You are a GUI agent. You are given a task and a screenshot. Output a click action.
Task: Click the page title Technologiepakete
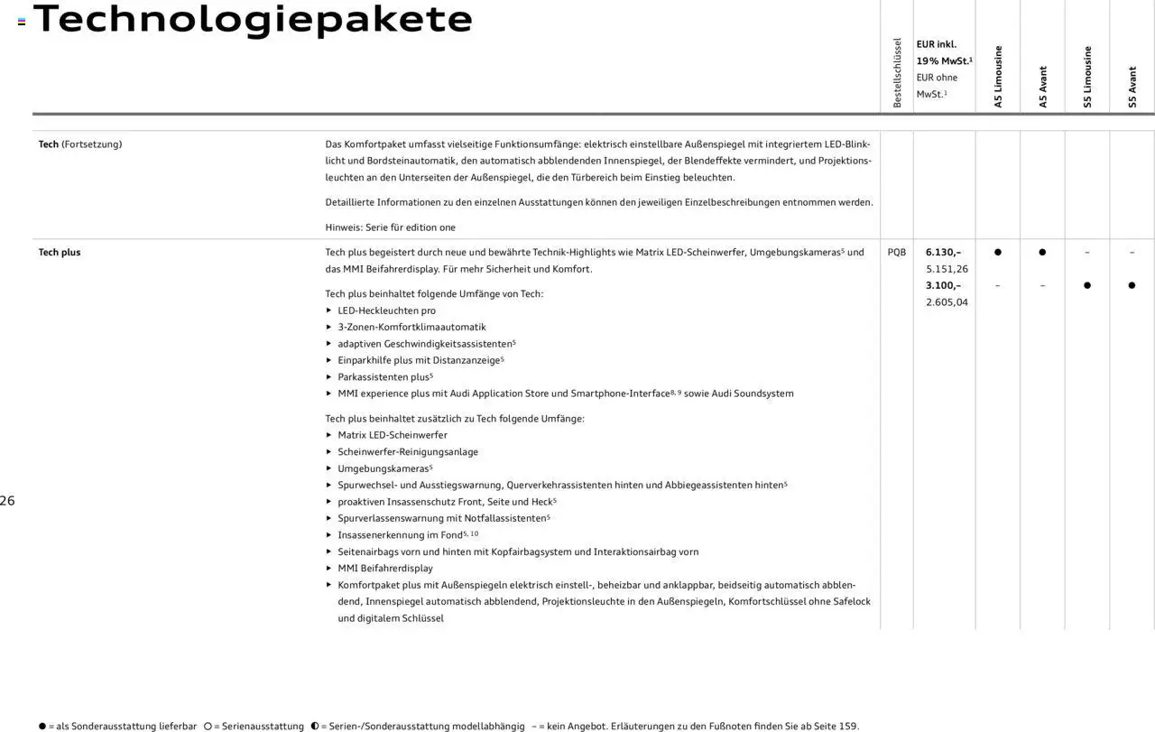[253, 19]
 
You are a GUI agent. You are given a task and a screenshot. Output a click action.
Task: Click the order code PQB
[896, 253]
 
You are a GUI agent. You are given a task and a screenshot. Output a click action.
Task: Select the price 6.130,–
[943, 253]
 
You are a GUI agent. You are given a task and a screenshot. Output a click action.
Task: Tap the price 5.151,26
[947, 269]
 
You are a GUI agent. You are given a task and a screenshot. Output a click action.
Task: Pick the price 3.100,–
[943, 285]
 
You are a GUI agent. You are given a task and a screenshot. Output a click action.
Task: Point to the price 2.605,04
[947, 302]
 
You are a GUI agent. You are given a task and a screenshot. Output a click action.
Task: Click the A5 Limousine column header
[998, 77]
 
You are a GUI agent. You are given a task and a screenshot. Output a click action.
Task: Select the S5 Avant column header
[1132, 88]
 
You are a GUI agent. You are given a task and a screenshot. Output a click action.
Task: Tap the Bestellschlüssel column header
[897, 73]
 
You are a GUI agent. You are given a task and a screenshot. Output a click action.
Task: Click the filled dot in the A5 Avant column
[1042, 253]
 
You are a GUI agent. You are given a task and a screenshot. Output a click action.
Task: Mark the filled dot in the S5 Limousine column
[1087, 285]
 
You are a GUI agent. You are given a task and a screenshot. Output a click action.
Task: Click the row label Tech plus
[60, 253]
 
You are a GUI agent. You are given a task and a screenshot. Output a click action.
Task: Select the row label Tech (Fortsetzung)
[79, 144]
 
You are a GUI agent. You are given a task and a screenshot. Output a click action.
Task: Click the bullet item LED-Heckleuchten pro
[386, 310]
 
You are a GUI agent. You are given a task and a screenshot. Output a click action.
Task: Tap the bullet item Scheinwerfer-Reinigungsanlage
[408, 451]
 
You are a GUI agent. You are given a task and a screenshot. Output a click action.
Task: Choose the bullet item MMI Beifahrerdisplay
[385, 568]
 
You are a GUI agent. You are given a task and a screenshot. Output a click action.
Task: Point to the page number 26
[7, 501]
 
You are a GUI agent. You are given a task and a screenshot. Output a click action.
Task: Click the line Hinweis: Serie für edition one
[390, 227]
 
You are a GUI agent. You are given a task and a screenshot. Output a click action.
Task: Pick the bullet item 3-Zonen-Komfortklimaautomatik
[411, 327]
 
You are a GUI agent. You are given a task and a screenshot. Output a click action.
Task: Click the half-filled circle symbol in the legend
[315, 726]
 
